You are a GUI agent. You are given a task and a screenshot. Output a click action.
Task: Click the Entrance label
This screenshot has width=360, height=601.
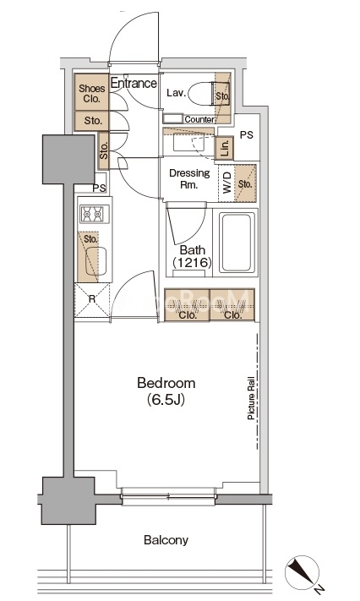click(x=134, y=83)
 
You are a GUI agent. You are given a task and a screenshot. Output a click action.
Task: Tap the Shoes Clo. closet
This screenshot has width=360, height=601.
click(x=91, y=92)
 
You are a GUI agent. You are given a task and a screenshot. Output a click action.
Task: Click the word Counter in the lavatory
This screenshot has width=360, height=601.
click(x=199, y=119)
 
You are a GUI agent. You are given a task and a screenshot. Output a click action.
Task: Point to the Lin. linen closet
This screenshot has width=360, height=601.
click(x=225, y=148)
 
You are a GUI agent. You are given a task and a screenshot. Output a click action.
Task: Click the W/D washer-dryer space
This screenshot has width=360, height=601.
click(x=226, y=183)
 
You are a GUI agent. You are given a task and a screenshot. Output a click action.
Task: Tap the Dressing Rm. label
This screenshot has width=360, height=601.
click(x=189, y=178)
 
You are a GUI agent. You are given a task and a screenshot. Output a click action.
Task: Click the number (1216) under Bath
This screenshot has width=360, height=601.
click(x=192, y=263)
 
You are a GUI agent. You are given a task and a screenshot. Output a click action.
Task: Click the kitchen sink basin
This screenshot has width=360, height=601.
click(x=95, y=261)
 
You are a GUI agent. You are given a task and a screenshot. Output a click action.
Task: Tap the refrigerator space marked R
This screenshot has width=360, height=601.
click(x=92, y=300)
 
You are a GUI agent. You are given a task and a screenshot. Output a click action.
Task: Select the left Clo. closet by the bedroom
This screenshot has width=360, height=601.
click(x=187, y=305)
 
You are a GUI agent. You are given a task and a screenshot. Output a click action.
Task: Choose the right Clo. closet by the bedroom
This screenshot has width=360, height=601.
click(x=232, y=305)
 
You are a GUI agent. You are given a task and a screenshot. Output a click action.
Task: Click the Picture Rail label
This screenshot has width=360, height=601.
click(x=251, y=397)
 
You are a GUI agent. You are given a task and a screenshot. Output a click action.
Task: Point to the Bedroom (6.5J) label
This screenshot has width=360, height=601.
click(x=166, y=391)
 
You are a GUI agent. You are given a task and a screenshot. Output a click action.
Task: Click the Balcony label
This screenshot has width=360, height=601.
click(x=166, y=540)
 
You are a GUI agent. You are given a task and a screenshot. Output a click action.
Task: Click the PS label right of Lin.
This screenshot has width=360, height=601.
click(x=247, y=135)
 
